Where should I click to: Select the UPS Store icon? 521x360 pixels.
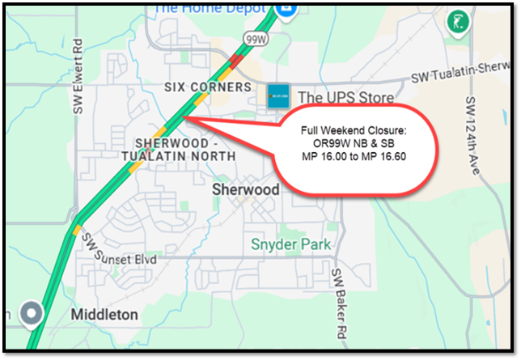click(279, 95)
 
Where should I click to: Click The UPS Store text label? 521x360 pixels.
click(346, 98)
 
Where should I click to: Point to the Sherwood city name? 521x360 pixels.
click(245, 190)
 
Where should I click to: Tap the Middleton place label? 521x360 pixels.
click(100, 313)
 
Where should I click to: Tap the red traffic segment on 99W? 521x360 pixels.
click(236, 59)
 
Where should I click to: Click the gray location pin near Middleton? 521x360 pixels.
click(32, 311)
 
